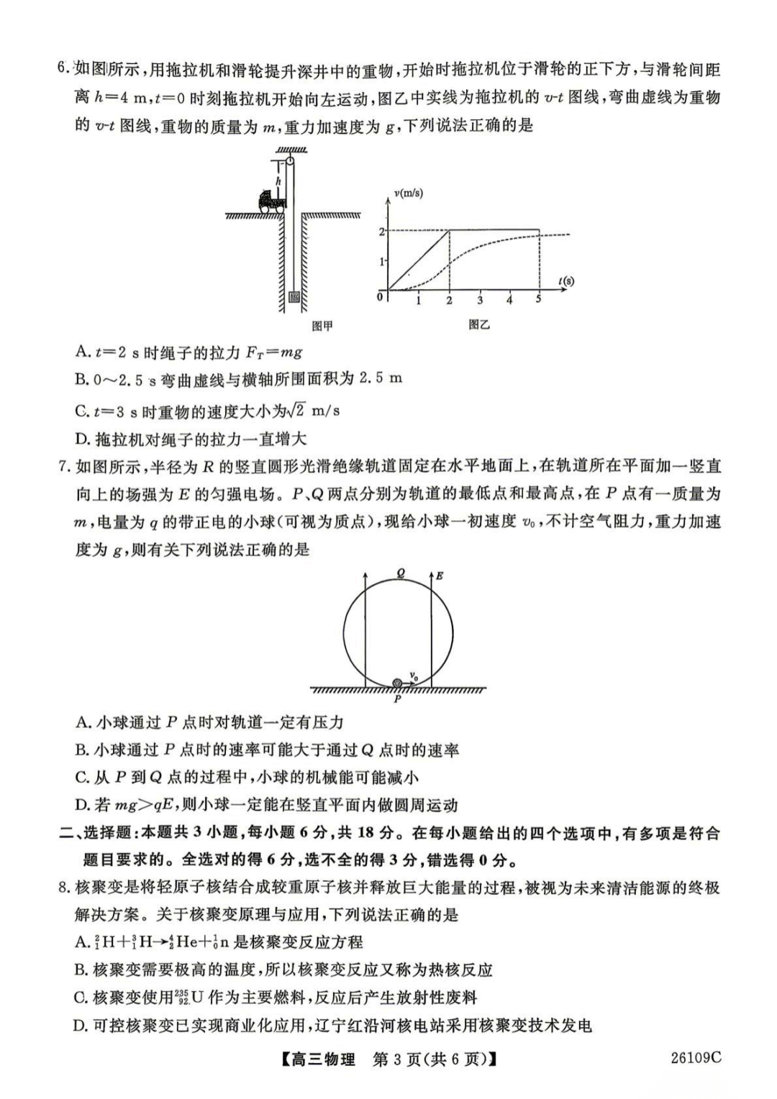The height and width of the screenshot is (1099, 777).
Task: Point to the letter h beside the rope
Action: pyautogui.click(x=278, y=183)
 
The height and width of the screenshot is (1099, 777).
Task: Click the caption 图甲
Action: pyautogui.click(x=322, y=326)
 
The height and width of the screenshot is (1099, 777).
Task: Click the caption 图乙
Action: pyautogui.click(x=479, y=325)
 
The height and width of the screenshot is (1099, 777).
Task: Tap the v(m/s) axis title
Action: pyautogui.click(x=409, y=193)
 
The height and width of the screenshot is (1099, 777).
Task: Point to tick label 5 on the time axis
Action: pyautogui.click(x=538, y=299)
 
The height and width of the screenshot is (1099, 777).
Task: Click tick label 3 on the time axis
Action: pyautogui.click(x=479, y=300)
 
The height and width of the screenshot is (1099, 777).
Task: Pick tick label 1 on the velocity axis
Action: pyautogui.click(x=382, y=262)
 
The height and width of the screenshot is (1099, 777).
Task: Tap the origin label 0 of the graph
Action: pyautogui.click(x=381, y=296)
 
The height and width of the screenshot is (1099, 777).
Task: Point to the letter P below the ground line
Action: pyautogui.click(x=397, y=698)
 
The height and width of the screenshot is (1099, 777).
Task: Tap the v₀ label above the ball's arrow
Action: pyautogui.click(x=414, y=675)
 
